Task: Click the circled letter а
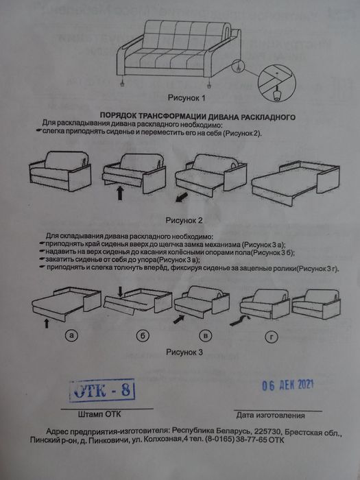tap(71, 336)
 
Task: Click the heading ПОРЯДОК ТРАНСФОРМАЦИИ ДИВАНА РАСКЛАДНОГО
tap(197, 117)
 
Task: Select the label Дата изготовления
tap(270, 416)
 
